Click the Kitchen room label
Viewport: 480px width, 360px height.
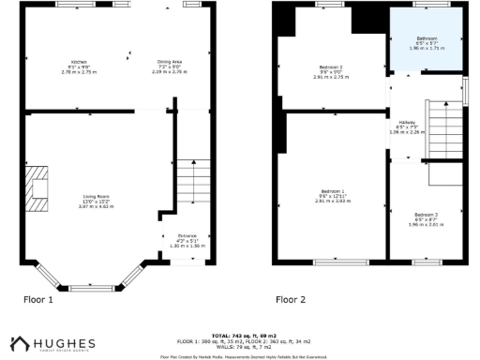click(x=80, y=65)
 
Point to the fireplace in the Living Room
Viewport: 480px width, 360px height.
click(x=38, y=188)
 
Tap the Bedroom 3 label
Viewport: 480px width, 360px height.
click(x=426, y=217)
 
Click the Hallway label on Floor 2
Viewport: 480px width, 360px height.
click(x=407, y=127)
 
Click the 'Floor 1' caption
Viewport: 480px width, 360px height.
click(x=38, y=300)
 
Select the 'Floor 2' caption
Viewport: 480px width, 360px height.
click(x=291, y=300)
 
